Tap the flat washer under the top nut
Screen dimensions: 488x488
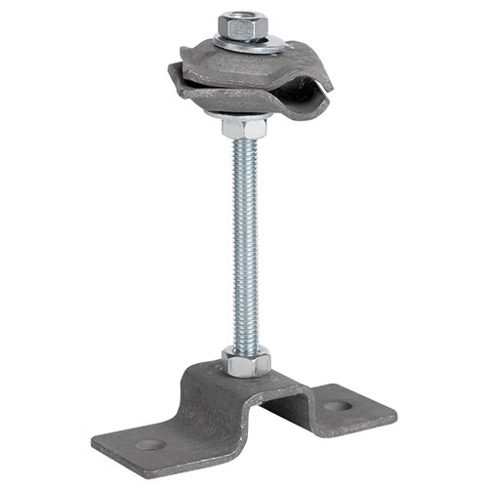coord(250,44)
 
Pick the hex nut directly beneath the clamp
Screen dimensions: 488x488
coord(243,129)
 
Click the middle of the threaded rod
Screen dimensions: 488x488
coord(244,244)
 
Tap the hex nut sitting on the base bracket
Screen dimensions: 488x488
coord(242,363)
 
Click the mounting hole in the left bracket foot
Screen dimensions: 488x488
coord(147,445)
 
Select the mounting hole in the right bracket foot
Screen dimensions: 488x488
coord(337,404)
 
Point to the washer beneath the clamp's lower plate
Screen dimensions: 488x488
coord(243,117)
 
